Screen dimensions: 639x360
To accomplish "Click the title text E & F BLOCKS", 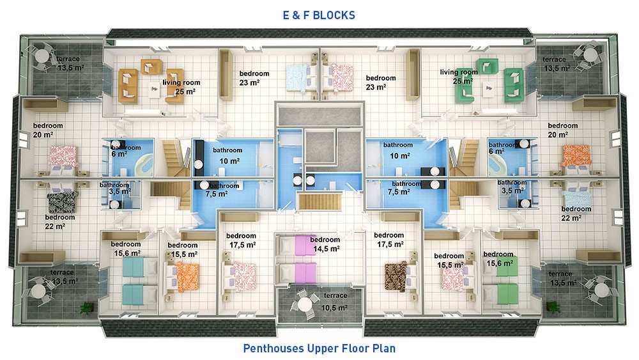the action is (x=319, y=15).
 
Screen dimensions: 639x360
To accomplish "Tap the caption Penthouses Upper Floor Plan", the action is (x=319, y=348).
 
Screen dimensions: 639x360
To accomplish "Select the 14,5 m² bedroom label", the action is (x=325, y=244).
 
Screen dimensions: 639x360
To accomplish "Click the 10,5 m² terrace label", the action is (x=335, y=302).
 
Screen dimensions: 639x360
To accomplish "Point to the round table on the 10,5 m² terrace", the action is (x=304, y=304).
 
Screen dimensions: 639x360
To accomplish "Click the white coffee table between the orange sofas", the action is (x=153, y=91).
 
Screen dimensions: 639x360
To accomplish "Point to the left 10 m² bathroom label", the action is (x=228, y=156).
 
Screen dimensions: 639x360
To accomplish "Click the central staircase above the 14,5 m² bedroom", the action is (x=319, y=202).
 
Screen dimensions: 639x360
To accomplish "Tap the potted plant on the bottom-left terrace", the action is (x=86, y=308).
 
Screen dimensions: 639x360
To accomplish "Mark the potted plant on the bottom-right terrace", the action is (x=553, y=306).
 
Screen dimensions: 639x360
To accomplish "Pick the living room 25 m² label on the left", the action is (x=181, y=87).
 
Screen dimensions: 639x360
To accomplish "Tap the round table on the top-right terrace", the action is (x=590, y=54).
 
